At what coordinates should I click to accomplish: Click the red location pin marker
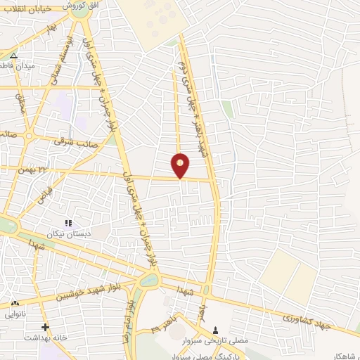point(181,165)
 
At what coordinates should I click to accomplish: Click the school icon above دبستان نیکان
point(68,223)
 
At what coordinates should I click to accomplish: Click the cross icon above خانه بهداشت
point(45,327)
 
